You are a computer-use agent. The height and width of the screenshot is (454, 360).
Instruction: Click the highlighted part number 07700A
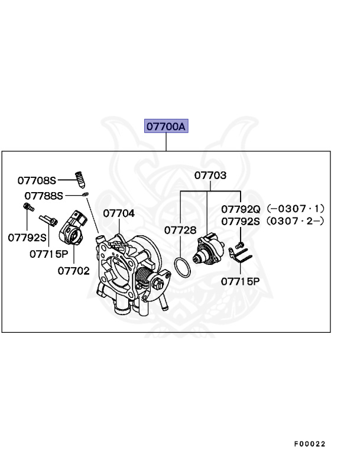[x=166, y=127]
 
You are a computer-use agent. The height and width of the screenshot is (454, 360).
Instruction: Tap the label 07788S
[x=44, y=195]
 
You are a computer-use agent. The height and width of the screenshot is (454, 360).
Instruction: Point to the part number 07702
[x=73, y=271]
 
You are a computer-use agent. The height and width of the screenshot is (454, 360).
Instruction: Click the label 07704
[x=119, y=213]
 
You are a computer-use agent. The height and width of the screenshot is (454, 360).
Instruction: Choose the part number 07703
[x=210, y=175]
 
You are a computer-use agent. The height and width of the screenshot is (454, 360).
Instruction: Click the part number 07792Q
[x=241, y=209]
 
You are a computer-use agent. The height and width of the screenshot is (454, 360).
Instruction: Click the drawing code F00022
[x=309, y=443]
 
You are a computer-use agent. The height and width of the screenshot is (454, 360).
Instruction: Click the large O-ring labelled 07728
[x=183, y=267]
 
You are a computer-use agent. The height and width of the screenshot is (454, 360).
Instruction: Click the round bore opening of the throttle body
[x=123, y=267]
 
